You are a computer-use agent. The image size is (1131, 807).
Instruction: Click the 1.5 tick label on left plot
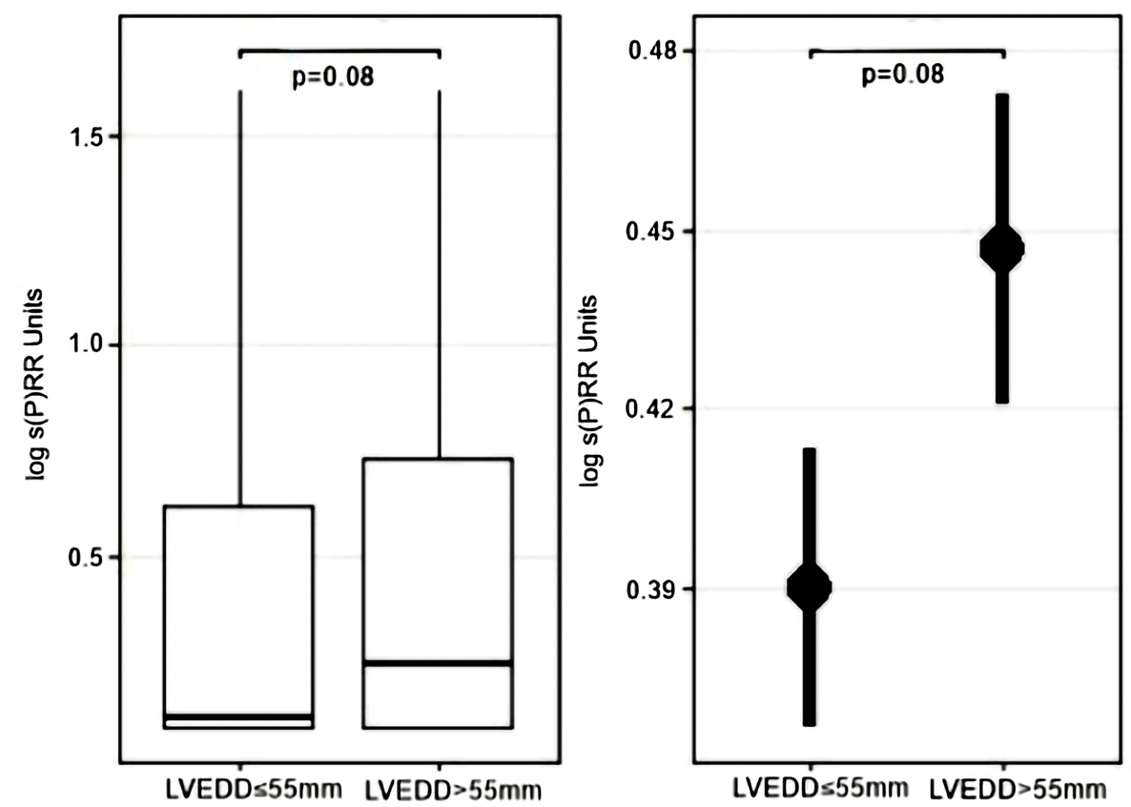89,136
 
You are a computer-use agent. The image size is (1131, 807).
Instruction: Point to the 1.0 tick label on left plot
89,346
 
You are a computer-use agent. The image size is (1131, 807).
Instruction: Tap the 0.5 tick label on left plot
89,557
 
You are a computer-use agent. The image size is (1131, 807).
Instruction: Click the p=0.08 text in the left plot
333,75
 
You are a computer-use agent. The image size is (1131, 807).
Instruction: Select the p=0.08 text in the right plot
903,73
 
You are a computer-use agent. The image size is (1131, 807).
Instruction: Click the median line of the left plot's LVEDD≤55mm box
238,715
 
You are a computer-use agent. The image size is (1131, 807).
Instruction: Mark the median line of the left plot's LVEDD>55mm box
438,662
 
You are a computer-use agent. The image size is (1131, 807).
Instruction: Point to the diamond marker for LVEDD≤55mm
810,587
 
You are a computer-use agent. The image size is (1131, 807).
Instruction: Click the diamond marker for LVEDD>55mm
1002,249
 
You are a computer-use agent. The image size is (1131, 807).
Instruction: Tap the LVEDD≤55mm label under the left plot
241,791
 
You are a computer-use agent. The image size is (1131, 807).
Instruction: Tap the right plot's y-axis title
592,390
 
